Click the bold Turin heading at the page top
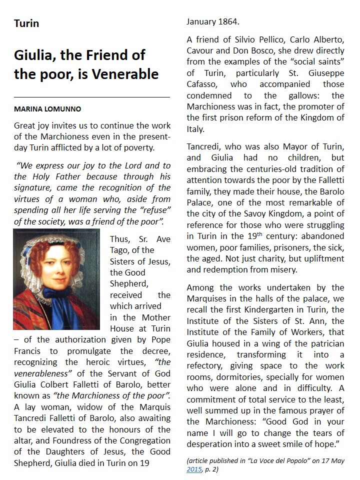[x=26, y=23]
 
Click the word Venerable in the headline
[x=124, y=74]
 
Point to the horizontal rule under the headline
[x=92, y=96]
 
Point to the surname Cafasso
[x=204, y=84]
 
